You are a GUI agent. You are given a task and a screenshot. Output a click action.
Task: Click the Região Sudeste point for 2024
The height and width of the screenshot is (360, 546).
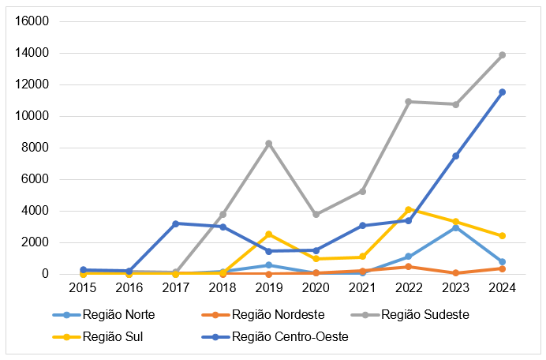(x=502, y=55)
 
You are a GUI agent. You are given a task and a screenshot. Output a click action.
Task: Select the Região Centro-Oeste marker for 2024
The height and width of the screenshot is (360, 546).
(x=502, y=92)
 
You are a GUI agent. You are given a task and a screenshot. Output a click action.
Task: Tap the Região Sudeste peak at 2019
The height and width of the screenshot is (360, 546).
(x=269, y=144)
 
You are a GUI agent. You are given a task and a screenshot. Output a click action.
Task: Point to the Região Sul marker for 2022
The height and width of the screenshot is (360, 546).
(x=409, y=209)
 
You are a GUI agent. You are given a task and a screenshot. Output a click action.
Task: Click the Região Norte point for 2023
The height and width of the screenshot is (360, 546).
(x=455, y=227)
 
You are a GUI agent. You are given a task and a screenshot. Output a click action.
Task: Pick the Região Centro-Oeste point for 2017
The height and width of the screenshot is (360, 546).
(x=176, y=223)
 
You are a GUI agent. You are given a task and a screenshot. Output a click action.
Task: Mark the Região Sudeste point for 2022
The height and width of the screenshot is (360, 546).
(x=409, y=102)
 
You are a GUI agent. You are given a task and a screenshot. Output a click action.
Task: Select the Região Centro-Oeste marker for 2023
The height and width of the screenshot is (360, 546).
(x=455, y=156)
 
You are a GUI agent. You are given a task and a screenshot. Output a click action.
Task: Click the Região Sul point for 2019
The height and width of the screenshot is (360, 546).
(x=269, y=234)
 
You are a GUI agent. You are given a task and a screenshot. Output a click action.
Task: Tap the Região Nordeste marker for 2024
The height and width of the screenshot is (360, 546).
(x=502, y=268)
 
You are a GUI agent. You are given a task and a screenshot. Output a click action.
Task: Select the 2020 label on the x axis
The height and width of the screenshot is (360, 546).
(x=316, y=288)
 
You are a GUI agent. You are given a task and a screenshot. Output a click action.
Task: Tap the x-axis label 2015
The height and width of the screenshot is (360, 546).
(x=83, y=288)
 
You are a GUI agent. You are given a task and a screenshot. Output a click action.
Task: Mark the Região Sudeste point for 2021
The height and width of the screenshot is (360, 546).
(x=362, y=191)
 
